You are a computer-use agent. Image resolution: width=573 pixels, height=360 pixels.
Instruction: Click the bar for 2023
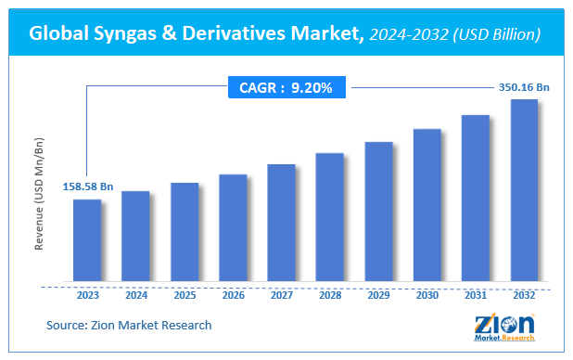pos(87,240)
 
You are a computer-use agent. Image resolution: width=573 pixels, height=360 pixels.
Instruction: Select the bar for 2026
pos(233,227)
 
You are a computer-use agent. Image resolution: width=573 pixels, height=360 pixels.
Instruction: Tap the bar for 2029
pos(378,212)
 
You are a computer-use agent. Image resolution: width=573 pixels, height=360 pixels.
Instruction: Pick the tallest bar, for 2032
pos(524,190)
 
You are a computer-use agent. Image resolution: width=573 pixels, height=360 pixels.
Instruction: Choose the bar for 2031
pos(476,198)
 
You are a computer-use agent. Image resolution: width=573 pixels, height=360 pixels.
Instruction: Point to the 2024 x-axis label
pos(136,296)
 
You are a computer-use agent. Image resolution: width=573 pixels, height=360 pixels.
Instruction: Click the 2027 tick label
pos(282,296)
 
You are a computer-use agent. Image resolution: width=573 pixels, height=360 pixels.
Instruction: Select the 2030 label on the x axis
pos(427,296)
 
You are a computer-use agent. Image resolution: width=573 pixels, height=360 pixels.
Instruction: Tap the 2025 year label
pos(185,296)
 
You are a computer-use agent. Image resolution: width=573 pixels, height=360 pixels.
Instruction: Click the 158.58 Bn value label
pos(88,186)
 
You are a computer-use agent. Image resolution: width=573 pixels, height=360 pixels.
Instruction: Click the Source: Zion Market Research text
pos(129,325)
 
